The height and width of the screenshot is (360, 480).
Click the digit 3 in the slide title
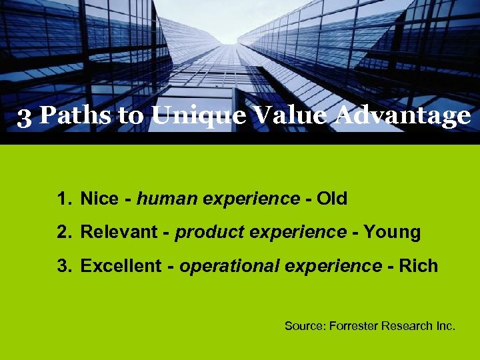tap(24, 117)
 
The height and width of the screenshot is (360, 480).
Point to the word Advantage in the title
tap(402, 117)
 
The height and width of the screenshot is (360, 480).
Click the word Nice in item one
tap(99, 199)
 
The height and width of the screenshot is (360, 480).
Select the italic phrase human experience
tap(219, 199)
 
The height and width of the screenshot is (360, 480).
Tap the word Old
tap(332, 199)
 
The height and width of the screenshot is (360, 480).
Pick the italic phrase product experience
tap(261, 232)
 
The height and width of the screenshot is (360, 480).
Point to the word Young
tap(393, 233)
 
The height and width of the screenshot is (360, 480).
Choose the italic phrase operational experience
tap(281, 265)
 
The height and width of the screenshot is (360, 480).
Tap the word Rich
tap(419, 265)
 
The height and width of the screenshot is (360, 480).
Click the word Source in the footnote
tap(302, 326)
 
